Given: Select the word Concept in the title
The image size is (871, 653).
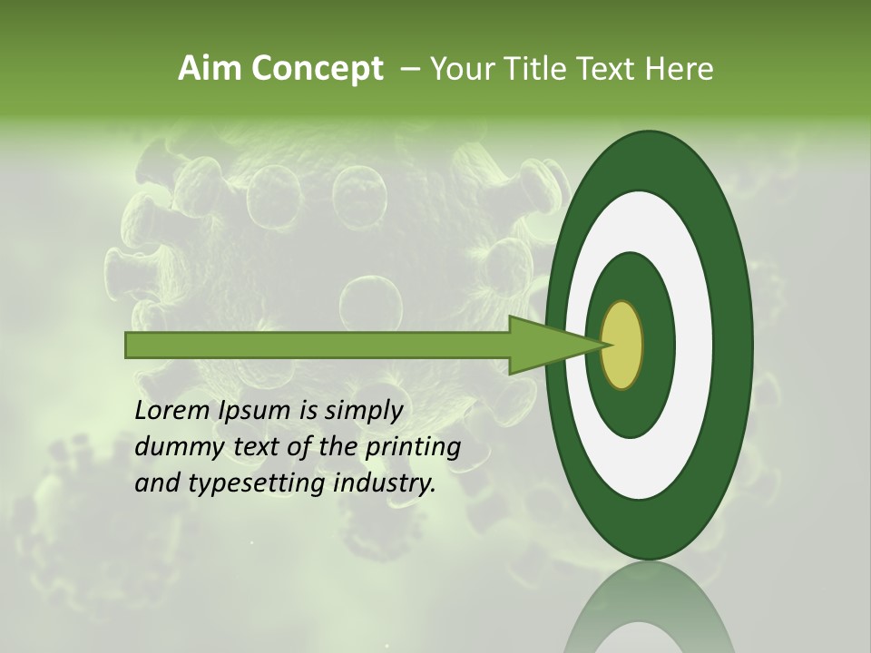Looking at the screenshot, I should (318, 70).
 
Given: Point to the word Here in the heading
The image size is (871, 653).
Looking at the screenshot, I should (680, 69).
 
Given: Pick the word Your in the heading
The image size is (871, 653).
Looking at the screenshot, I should (461, 69).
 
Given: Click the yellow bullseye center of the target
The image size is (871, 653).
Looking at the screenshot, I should (622, 346).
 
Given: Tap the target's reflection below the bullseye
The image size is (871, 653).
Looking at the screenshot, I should (648, 612).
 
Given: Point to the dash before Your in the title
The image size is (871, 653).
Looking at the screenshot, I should (409, 70).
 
